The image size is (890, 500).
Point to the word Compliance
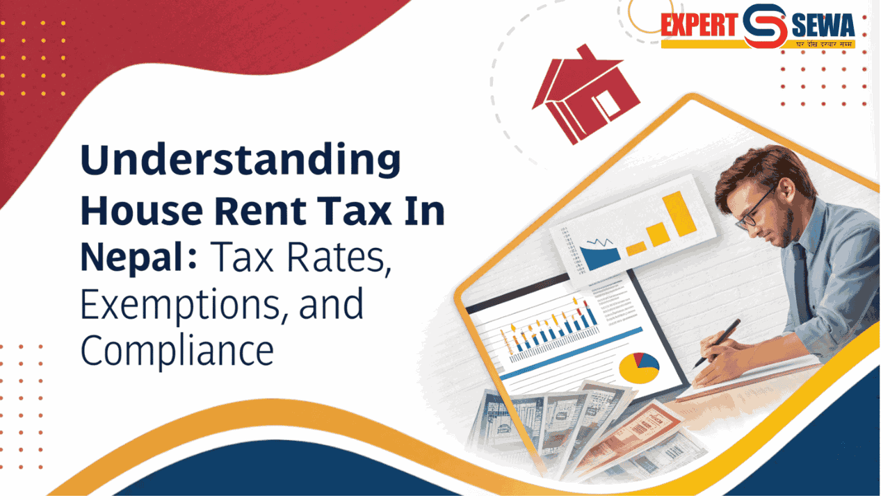177,351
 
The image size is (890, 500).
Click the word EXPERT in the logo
698,26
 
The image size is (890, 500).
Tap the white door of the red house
606,104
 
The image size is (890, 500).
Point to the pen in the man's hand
720,340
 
